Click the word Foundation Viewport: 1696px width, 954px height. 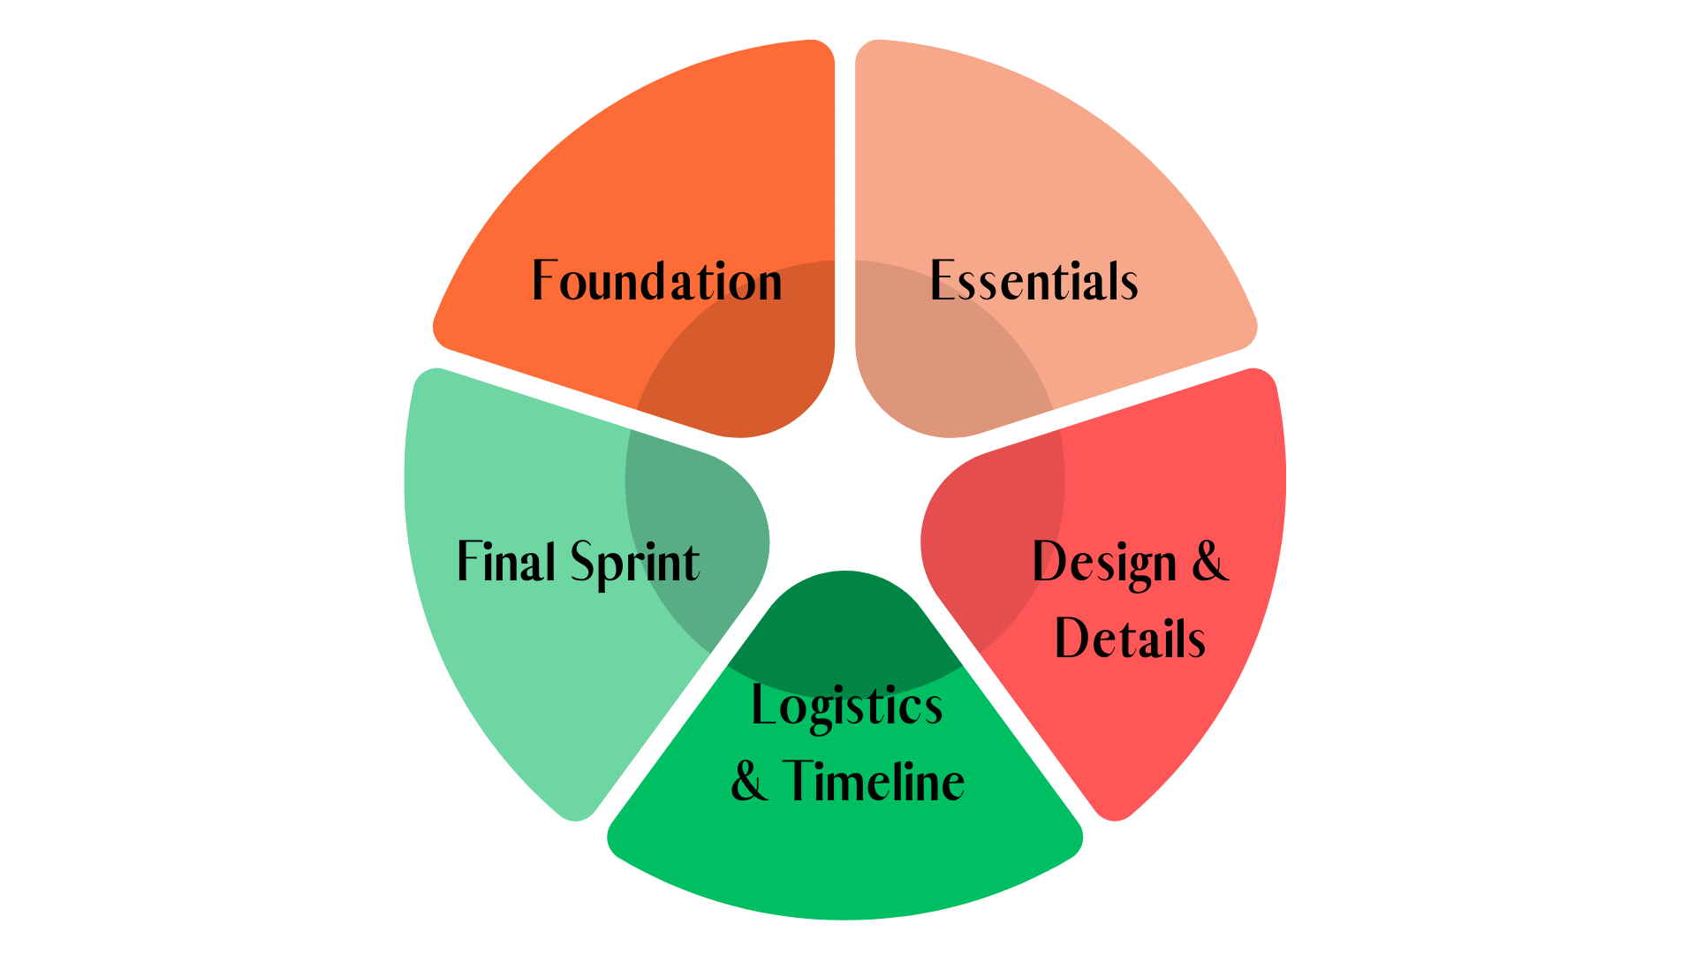click(x=656, y=282)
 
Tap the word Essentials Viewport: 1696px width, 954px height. click(x=1033, y=282)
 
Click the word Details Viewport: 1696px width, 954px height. click(x=1130, y=639)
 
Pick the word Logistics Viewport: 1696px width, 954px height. click(x=846, y=707)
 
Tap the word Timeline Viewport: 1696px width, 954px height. click(x=874, y=782)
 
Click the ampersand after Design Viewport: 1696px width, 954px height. click(x=1210, y=562)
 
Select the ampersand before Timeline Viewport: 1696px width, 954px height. click(x=749, y=782)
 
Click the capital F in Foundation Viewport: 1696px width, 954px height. click(x=544, y=281)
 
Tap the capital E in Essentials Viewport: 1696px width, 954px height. click(x=943, y=281)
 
